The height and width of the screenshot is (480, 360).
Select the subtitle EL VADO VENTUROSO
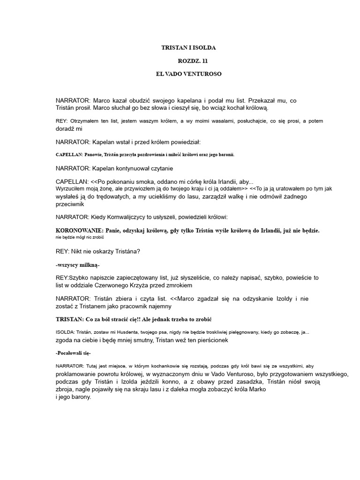(189, 74)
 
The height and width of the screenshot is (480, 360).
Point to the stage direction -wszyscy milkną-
(78, 265)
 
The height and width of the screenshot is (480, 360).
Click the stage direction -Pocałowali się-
(73, 352)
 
